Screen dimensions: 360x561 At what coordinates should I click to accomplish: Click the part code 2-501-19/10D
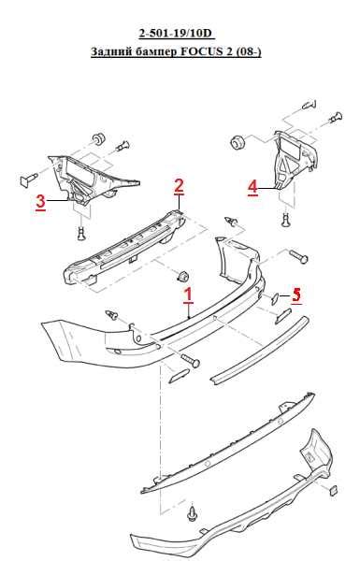click(176, 34)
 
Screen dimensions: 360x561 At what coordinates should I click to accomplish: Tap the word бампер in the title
click(156, 51)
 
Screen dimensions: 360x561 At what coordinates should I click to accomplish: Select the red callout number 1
click(188, 295)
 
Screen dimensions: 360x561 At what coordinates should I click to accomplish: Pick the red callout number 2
click(179, 186)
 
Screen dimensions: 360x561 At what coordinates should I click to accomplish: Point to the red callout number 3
click(40, 202)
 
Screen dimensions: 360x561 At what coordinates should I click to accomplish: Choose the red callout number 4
click(252, 187)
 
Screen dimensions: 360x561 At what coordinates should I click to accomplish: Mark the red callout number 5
click(295, 295)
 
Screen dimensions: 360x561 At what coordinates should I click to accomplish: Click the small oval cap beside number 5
click(276, 298)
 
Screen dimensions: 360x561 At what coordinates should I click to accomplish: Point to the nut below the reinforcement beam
click(183, 277)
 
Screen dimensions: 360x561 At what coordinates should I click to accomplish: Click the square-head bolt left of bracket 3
click(29, 179)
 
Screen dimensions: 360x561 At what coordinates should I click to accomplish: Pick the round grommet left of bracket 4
click(238, 142)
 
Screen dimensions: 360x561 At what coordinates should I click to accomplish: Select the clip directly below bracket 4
click(286, 220)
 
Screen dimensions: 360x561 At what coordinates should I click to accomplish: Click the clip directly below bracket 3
click(82, 233)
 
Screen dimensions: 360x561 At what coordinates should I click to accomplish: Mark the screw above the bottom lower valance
click(193, 513)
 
